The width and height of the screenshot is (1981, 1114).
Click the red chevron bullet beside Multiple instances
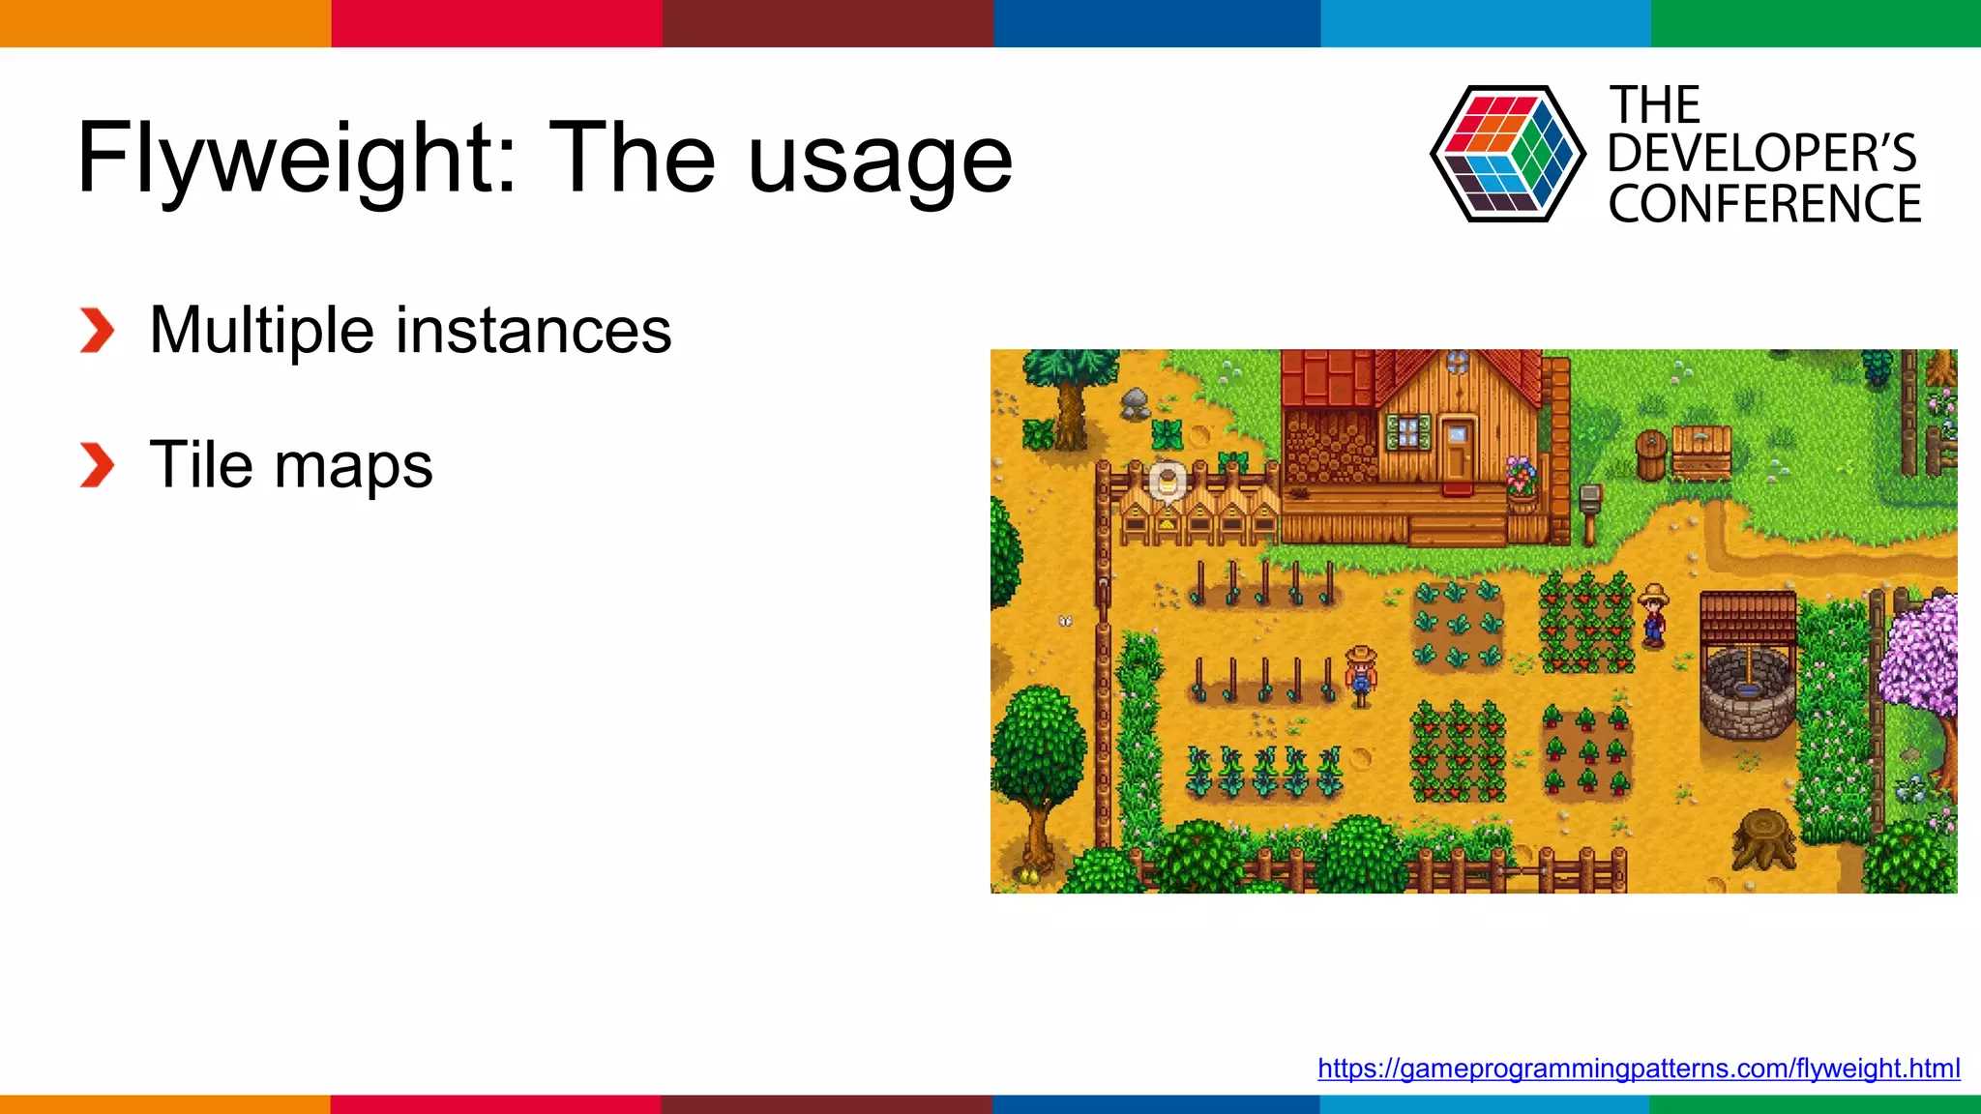coord(97,331)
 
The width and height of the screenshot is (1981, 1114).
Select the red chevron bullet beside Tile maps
coord(97,465)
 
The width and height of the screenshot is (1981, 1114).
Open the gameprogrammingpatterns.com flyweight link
coord(1639,1069)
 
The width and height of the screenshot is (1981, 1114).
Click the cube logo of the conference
coord(1507,154)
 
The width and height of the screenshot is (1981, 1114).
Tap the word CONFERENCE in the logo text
coord(1764,204)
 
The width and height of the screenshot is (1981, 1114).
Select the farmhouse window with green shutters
coord(1408,431)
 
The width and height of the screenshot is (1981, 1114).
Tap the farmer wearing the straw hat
coord(1654,616)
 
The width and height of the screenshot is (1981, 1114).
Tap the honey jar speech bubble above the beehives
coord(1168,481)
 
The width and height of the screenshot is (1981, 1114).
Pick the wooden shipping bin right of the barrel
coord(1701,452)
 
